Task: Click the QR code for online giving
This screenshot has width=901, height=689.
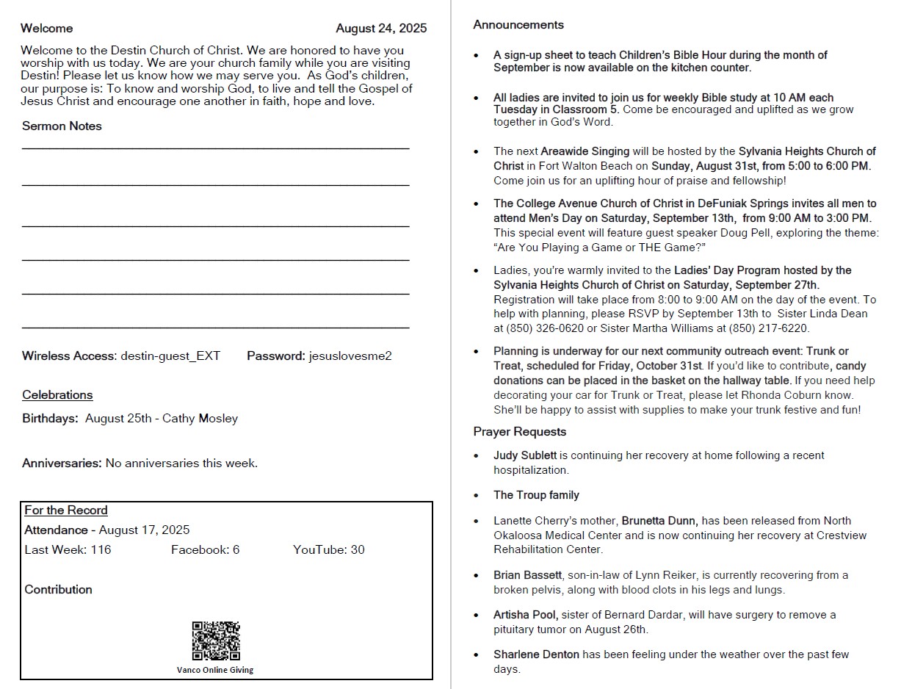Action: (216, 641)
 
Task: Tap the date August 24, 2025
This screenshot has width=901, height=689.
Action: (381, 29)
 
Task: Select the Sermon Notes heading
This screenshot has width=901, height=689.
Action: (62, 126)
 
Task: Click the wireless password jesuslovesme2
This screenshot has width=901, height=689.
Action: (350, 356)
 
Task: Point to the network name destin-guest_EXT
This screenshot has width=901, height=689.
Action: (170, 356)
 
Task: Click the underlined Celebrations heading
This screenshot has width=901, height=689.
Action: (57, 395)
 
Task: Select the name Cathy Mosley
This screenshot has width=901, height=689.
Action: (200, 419)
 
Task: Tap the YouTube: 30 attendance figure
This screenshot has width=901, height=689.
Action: (328, 550)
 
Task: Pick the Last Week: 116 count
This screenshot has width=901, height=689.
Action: (68, 550)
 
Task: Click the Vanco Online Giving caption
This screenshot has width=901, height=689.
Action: (215, 670)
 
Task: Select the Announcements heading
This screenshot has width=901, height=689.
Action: (518, 25)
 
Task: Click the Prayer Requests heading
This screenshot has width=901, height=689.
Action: (519, 432)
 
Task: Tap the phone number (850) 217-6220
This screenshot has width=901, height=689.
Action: (768, 329)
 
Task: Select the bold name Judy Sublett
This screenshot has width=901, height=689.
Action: (524, 456)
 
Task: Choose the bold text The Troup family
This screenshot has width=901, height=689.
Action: (536, 496)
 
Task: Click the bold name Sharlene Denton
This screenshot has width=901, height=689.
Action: (536, 654)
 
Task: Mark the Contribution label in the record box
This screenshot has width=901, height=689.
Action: (58, 590)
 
